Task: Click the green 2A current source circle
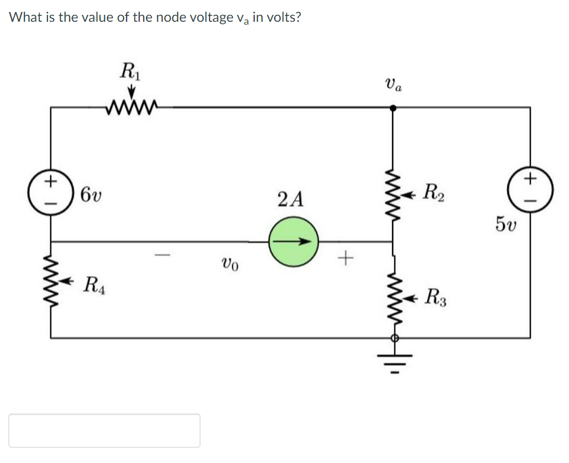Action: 293,242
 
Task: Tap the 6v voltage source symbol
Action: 51,190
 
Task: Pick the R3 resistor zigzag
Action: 392,296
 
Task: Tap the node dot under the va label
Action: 392,107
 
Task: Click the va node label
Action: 393,85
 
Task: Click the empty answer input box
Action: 104,430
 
